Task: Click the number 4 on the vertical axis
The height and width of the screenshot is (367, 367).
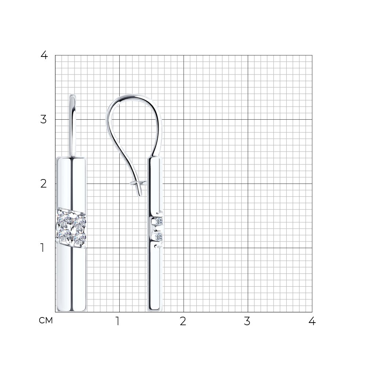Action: click(44, 55)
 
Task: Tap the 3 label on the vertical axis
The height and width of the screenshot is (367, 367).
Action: click(44, 119)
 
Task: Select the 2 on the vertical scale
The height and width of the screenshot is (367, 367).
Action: click(44, 184)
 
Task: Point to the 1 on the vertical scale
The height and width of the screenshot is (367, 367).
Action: click(42, 248)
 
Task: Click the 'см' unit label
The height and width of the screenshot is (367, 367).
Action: click(46, 320)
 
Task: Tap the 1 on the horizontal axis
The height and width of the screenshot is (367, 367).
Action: click(118, 321)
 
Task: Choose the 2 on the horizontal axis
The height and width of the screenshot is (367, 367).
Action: click(183, 321)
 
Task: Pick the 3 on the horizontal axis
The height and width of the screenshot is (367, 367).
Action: click(247, 321)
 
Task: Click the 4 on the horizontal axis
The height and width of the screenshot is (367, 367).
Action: click(312, 321)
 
